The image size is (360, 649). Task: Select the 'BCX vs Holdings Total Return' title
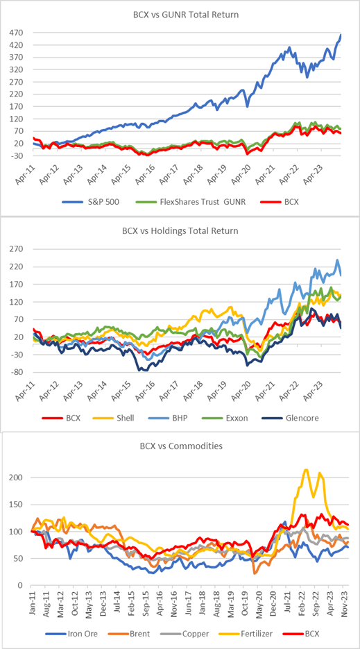(x=180, y=231)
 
